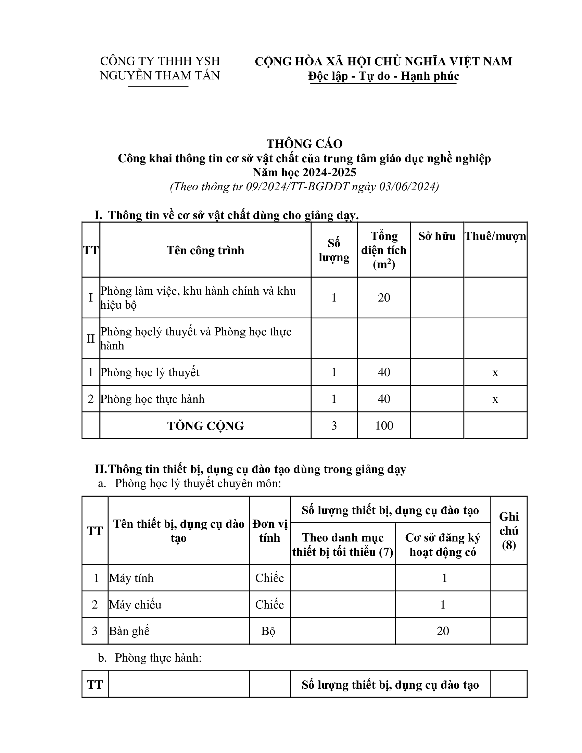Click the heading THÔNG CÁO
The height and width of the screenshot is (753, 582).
coord(304,144)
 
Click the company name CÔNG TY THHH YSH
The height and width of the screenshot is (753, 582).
coord(160,61)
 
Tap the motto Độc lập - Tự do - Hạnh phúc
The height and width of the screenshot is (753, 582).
coord(383,76)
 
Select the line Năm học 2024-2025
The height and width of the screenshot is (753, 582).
coord(304,172)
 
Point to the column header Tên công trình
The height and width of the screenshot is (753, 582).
coord(205,250)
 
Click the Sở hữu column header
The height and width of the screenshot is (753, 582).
coord(437,236)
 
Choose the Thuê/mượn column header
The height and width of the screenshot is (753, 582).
coord(495,236)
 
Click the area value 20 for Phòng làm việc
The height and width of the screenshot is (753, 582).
coord(384,297)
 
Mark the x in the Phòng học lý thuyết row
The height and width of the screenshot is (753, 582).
coord(495,372)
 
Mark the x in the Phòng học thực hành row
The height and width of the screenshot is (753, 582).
coord(495,399)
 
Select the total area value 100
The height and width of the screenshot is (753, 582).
coord(384,425)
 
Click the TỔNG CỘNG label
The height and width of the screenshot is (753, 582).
coord(205,426)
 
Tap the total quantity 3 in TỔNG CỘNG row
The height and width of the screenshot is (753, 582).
coord(334,425)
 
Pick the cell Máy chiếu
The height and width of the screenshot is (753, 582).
coord(135,604)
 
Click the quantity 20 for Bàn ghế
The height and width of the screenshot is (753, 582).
coord(443,631)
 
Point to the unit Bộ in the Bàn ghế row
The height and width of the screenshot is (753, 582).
coord(268,631)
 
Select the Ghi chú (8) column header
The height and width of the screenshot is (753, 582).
coord(508,531)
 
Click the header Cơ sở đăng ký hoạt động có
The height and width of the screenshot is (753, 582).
coord(443,545)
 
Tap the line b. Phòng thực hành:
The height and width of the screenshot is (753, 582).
coord(150,658)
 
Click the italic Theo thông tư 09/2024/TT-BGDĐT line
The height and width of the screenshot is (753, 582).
coord(304,187)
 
